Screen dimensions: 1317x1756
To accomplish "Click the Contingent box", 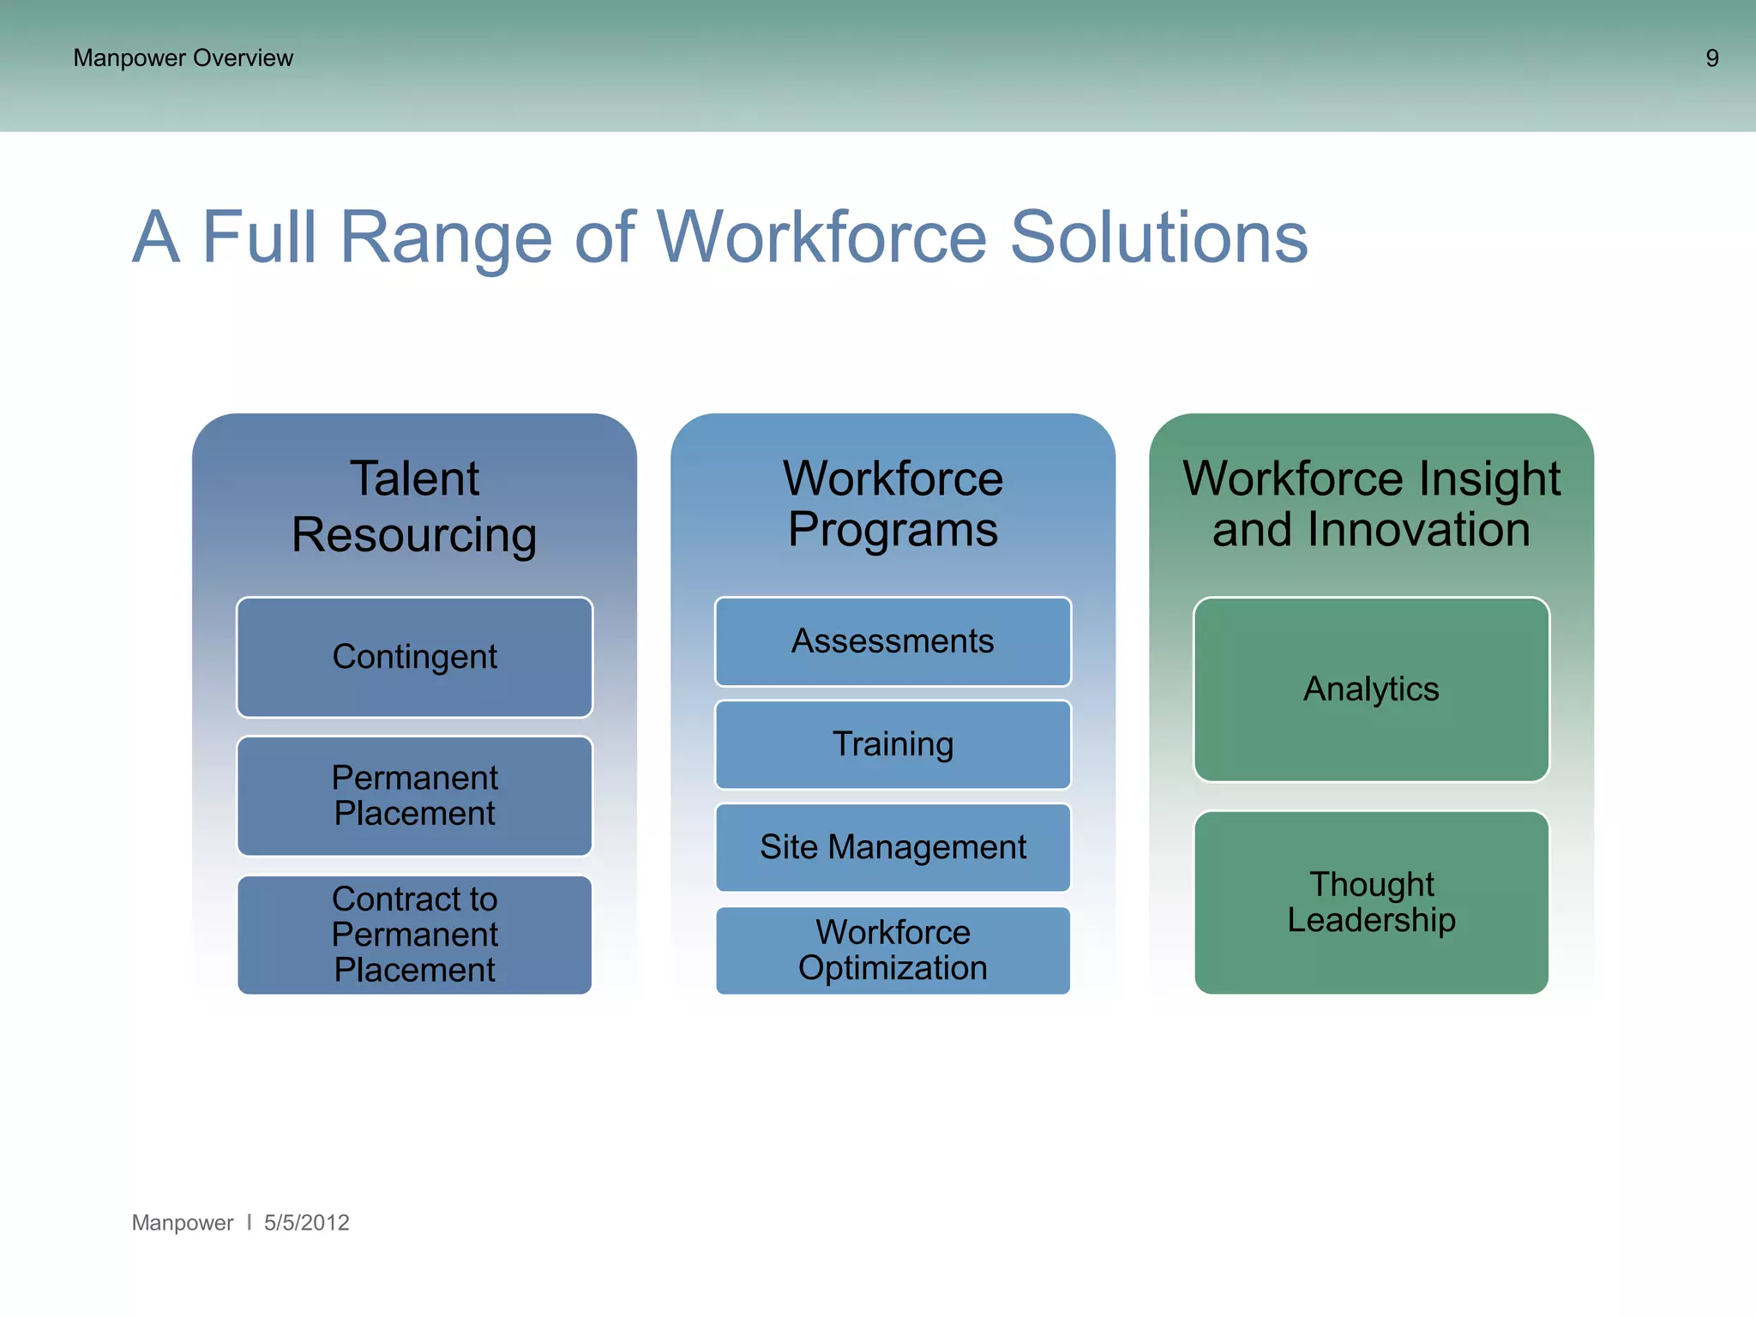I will point(414,657).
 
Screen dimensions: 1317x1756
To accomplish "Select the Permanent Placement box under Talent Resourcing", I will point(414,795).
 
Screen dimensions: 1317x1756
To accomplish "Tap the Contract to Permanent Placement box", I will point(414,934).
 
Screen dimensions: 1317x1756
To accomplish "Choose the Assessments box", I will point(893,641).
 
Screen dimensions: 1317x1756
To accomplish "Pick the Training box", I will point(893,744).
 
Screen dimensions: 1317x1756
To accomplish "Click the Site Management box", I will point(893,847).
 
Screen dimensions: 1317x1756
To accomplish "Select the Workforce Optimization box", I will point(893,950).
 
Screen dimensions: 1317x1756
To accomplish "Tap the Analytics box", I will point(1371,689).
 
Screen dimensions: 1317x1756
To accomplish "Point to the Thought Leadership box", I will point(1371,902).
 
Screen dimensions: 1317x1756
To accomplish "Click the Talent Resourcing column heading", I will point(414,506).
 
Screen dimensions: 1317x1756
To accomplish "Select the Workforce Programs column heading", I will point(893,503).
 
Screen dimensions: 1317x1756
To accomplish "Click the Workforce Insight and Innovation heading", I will point(1371,503).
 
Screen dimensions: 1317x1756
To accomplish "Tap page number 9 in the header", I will point(1711,58).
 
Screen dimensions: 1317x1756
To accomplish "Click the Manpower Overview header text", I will point(183,58).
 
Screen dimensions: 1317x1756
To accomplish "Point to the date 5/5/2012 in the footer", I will point(306,1223).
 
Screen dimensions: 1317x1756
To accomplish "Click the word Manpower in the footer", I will point(182,1223).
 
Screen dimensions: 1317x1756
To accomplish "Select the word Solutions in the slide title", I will point(1158,238).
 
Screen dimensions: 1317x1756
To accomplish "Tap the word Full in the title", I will point(259,238).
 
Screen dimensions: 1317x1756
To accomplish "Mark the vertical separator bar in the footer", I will point(249,1222).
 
